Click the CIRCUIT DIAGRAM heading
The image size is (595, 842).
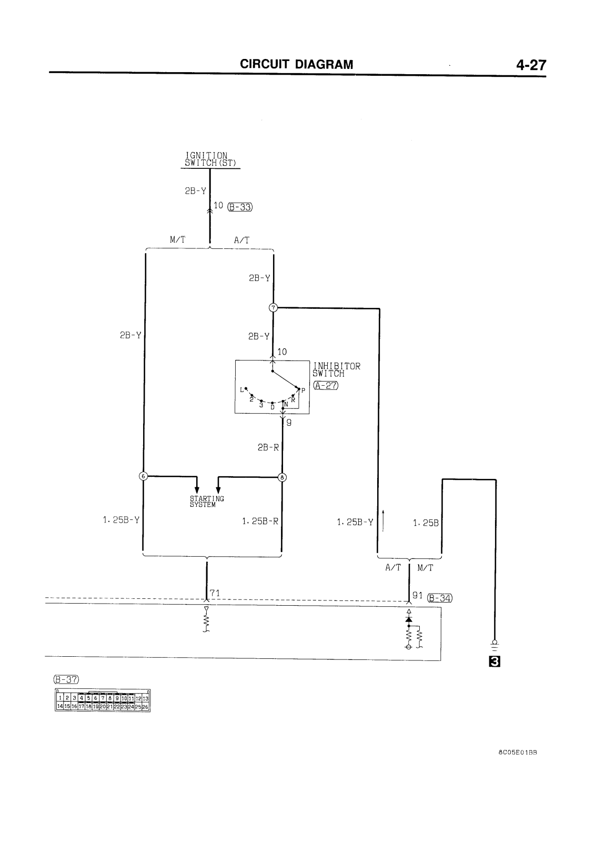(297, 64)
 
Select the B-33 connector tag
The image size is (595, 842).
(240, 207)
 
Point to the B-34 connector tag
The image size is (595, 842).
(440, 598)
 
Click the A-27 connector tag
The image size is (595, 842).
(326, 385)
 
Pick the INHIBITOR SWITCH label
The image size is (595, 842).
(337, 369)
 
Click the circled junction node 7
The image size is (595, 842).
(273, 307)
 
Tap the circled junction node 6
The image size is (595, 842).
(143, 476)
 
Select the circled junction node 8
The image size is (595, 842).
(282, 478)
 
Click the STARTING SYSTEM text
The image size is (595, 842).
(207, 501)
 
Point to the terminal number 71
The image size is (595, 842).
(215, 593)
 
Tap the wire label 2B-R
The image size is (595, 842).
(268, 447)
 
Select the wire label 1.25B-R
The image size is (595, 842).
(260, 522)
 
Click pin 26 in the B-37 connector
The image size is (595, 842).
(145, 707)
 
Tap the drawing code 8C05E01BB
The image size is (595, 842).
(517, 752)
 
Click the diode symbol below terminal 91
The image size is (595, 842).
(409, 619)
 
